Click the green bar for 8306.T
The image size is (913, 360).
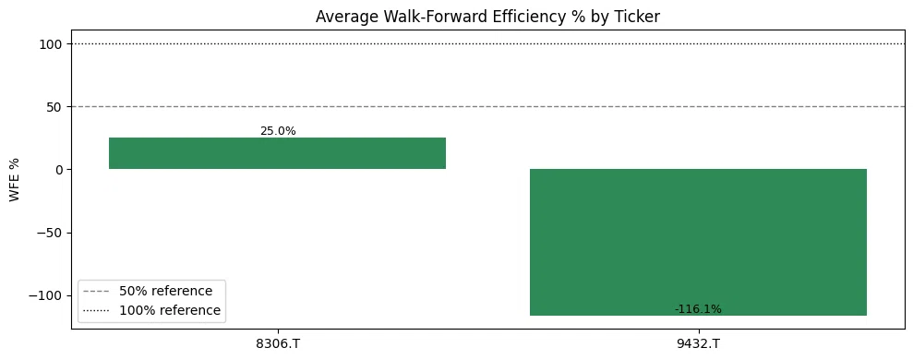277,153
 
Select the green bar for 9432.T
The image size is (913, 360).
698,243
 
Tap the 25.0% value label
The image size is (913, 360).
278,131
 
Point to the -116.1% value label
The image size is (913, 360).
698,309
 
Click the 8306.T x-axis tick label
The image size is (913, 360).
278,343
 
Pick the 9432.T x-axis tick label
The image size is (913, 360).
698,343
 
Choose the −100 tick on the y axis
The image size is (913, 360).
46,295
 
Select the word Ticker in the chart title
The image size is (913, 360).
640,17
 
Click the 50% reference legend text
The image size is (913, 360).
166,291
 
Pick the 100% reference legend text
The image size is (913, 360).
170,310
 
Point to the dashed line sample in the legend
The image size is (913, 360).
97,292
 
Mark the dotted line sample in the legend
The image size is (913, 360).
97,311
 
